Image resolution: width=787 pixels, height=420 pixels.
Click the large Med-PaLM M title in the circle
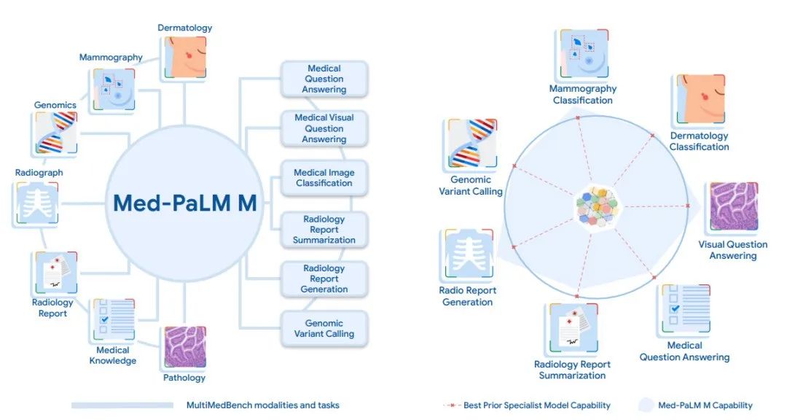coord(185,203)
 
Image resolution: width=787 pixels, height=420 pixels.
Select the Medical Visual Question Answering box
coord(324,128)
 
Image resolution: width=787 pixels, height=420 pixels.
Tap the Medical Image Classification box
coord(324,178)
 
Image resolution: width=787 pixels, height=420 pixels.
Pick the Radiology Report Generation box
coord(324,279)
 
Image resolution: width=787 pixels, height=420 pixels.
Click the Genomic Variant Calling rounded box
coord(324,328)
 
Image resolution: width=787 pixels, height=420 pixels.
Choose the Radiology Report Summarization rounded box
coord(324,229)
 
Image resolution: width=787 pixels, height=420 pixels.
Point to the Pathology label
coord(184,378)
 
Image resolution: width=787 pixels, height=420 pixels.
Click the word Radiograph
coord(39,173)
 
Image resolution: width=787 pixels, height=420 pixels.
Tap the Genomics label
coord(55,105)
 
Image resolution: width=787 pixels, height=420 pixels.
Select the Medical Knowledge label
coord(113,355)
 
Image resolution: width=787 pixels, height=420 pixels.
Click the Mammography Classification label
coord(582,94)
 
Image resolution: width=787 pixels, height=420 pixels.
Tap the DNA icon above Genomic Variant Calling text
coord(469,144)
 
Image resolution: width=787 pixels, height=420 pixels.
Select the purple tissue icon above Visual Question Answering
coord(733,208)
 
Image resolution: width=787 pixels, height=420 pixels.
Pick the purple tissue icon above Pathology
coord(184,348)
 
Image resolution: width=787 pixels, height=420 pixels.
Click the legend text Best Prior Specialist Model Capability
coord(537,405)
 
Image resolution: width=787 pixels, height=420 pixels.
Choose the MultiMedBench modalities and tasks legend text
coord(262,405)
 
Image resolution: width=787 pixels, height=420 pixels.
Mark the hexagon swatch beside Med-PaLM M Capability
coord(646,405)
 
